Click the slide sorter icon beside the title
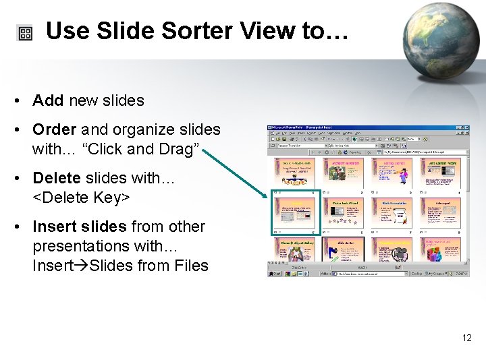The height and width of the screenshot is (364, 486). coord(25,34)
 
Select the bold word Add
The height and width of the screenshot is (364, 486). coord(47,101)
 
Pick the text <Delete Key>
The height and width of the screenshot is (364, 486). coord(81,198)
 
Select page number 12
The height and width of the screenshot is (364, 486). coord(467,338)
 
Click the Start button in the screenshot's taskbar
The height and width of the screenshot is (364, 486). coord(275,274)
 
